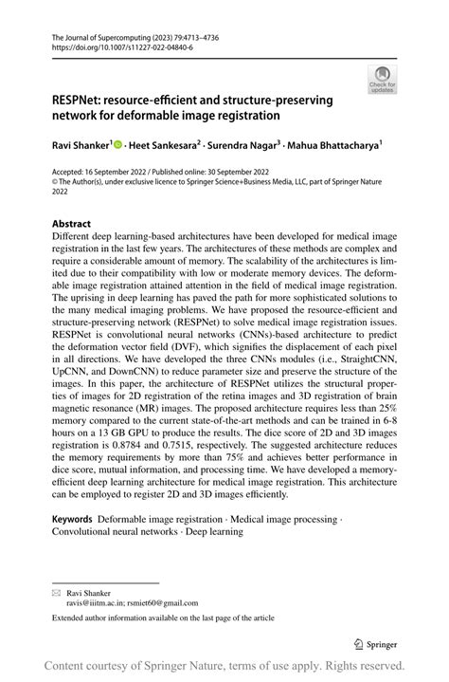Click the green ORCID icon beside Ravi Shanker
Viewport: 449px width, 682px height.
click(119, 145)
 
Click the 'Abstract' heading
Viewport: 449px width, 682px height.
click(71, 225)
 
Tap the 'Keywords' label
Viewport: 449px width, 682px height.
click(72, 519)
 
